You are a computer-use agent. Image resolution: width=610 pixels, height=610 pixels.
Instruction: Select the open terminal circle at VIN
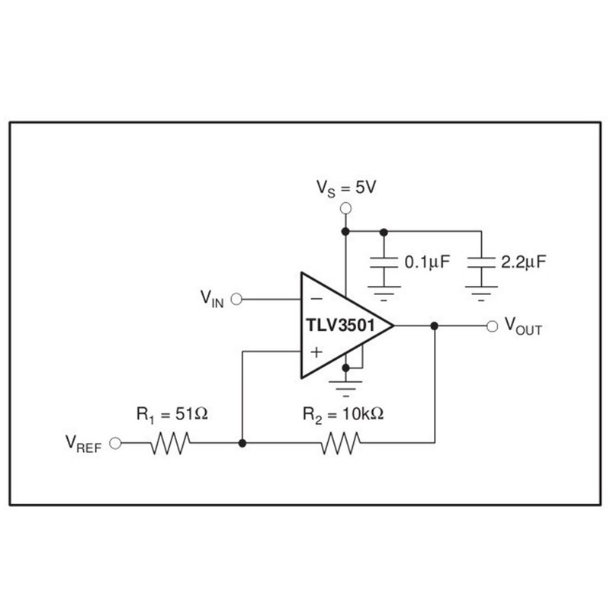click(236, 299)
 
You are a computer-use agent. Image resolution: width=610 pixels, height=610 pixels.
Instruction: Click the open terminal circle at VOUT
click(492, 326)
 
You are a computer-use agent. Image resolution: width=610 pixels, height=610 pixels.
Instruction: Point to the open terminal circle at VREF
click(116, 443)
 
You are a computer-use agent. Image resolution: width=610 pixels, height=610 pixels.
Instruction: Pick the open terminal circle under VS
click(345, 207)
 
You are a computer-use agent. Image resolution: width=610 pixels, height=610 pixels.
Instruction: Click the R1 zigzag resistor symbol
click(171, 443)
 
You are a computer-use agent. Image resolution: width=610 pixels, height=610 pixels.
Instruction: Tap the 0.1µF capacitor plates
click(384, 262)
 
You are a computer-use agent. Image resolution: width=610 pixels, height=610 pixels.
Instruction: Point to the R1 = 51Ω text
click(172, 415)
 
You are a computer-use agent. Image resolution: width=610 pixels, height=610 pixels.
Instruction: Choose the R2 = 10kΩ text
click(342, 415)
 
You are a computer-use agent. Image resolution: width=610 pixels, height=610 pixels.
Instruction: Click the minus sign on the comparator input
click(316, 299)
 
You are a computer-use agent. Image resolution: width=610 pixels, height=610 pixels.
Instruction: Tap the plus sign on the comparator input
click(316, 352)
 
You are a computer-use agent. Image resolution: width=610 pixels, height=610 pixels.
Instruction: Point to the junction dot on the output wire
click(434, 326)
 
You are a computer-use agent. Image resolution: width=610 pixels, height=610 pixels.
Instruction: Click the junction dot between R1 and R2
click(242, 443)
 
